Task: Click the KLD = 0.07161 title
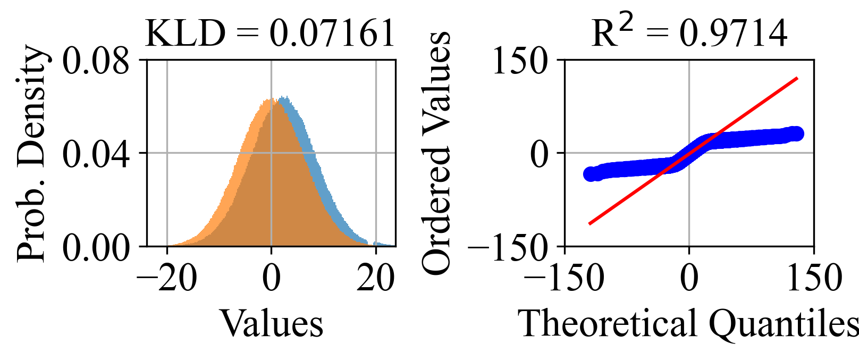point(270,33)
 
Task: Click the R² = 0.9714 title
point(689,33)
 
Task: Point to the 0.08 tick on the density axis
point(96,61)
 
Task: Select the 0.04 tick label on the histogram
point(96,154)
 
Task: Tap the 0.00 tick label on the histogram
point(96,247)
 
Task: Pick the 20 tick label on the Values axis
point(375,278)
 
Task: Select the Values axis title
point(271,323)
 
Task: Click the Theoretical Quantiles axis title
point(689,323)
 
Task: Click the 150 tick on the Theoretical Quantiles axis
point(814,278)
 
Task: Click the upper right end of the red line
point(797,78)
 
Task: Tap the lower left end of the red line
point(589,224)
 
